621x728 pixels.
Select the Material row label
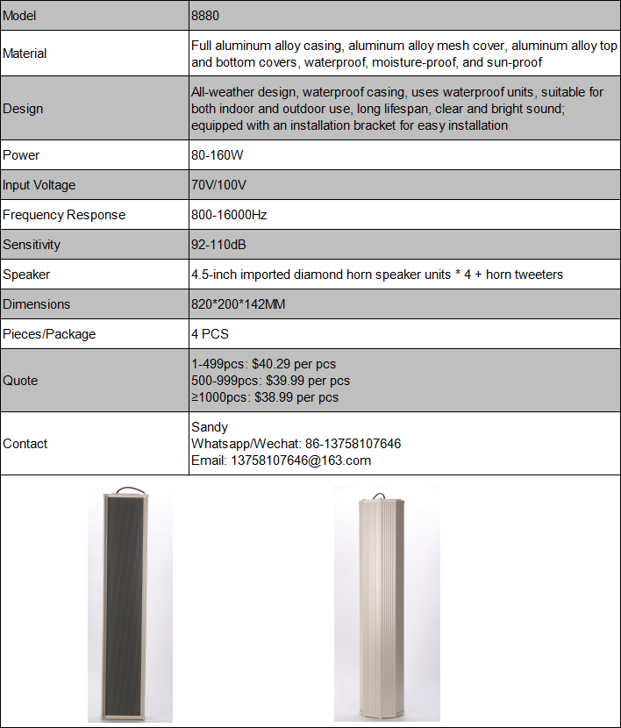[x=25, y=54]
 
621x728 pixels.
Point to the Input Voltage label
[x=39, y=185]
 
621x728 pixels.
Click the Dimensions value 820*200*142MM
[x=239, y=304]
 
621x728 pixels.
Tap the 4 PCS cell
[x=210, y=334]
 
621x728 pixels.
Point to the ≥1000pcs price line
[x=265, y=397]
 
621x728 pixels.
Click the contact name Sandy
[x=210, y=427]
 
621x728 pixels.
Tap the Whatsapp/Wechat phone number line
[x=296, y=444]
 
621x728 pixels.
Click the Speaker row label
[x=27, y=275]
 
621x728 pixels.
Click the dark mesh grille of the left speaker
[x=130, y=605]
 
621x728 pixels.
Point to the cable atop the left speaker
[x=129, y=488]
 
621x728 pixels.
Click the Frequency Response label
[x=64, y=215]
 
